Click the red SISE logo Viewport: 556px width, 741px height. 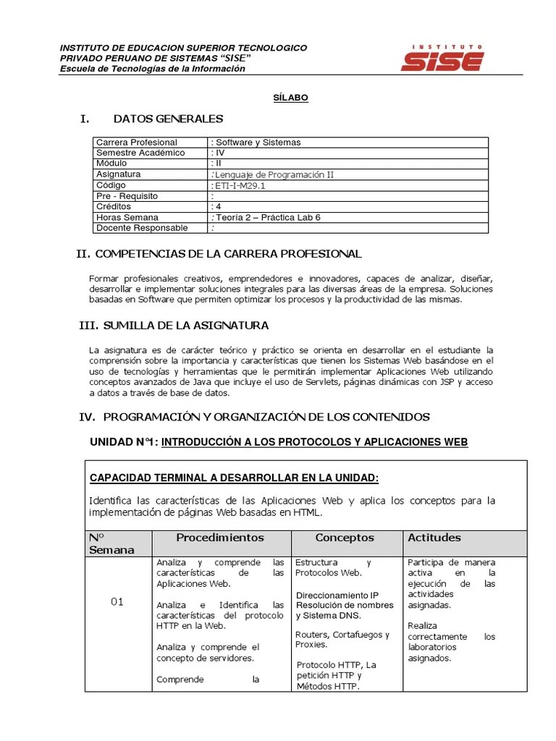442,58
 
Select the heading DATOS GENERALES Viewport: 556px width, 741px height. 168,119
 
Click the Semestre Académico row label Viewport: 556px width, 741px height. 140,153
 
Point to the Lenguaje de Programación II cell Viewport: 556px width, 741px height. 274,174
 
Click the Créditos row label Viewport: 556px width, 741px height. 114,206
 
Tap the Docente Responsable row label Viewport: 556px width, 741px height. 142,228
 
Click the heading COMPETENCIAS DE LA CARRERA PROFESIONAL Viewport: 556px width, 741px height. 228,254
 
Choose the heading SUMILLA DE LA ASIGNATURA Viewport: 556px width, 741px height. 185,326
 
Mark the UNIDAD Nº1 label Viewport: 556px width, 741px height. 122,442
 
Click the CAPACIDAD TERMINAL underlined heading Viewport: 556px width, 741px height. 234,478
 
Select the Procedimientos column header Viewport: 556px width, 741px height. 220,538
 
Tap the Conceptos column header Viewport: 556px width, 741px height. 345,538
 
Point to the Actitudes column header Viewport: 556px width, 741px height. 434,538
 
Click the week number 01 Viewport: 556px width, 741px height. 117,601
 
